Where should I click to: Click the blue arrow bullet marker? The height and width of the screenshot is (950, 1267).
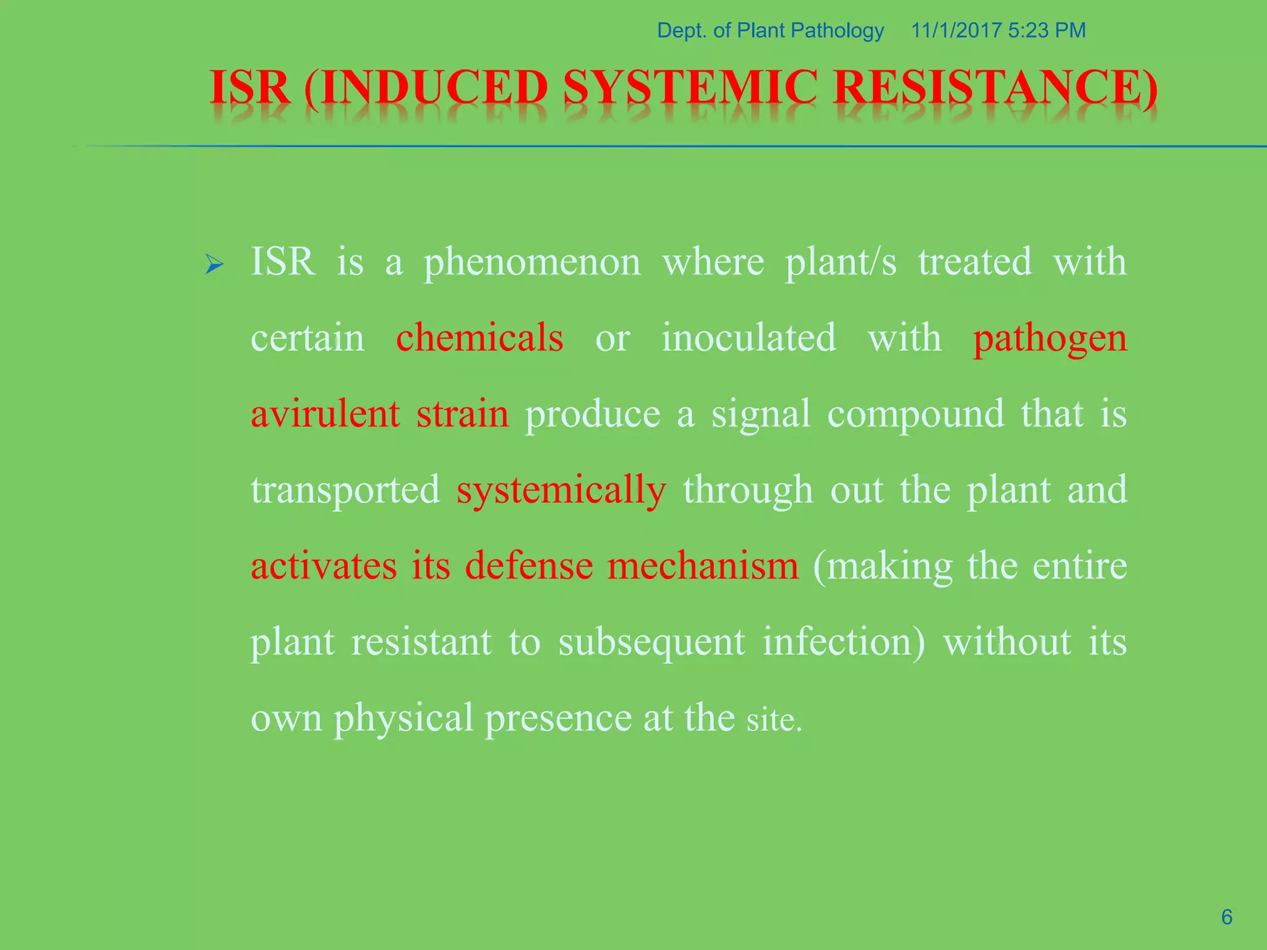click(214, 265)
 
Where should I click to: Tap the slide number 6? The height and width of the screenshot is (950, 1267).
click(1227, 917)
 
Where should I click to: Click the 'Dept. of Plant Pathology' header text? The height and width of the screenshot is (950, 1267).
click(770, 30)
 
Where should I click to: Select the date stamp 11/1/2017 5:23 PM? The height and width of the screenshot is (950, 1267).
click(998, 30)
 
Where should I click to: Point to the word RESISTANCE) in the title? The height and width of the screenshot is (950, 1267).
click(995, 88)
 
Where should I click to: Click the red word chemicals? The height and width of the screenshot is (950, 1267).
click(479, 338)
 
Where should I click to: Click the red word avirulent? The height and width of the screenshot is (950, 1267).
click(325, 414)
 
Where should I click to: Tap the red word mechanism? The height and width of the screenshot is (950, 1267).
click(703, 566)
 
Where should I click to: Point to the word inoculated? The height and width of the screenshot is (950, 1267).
click(749, 338)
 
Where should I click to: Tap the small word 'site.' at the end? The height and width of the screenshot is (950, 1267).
click(774, 720)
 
